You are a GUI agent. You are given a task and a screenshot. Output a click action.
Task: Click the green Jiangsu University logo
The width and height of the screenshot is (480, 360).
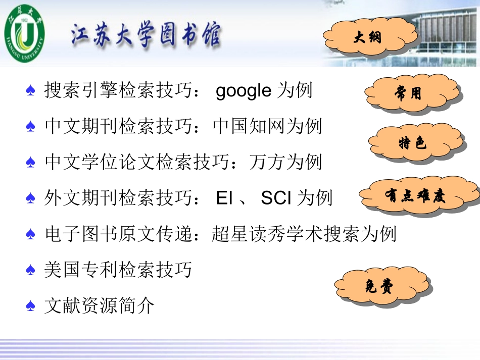point(24,33)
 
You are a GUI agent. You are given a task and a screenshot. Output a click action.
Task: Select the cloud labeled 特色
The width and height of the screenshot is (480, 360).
point(413,143)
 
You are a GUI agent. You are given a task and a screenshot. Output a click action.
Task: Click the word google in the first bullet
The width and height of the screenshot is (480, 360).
point(244,91)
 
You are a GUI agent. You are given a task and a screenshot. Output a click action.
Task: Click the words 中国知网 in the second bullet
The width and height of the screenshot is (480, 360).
point(249,126)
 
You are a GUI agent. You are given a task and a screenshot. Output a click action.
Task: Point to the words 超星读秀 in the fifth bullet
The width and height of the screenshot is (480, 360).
point(248,234)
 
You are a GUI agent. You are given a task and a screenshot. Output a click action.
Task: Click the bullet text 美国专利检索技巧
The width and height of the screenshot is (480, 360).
point(118,270)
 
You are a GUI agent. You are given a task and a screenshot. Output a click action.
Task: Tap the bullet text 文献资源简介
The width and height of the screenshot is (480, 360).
point(100,306)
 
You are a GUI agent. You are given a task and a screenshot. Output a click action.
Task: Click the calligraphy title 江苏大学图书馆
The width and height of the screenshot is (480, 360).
point(146,36)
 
